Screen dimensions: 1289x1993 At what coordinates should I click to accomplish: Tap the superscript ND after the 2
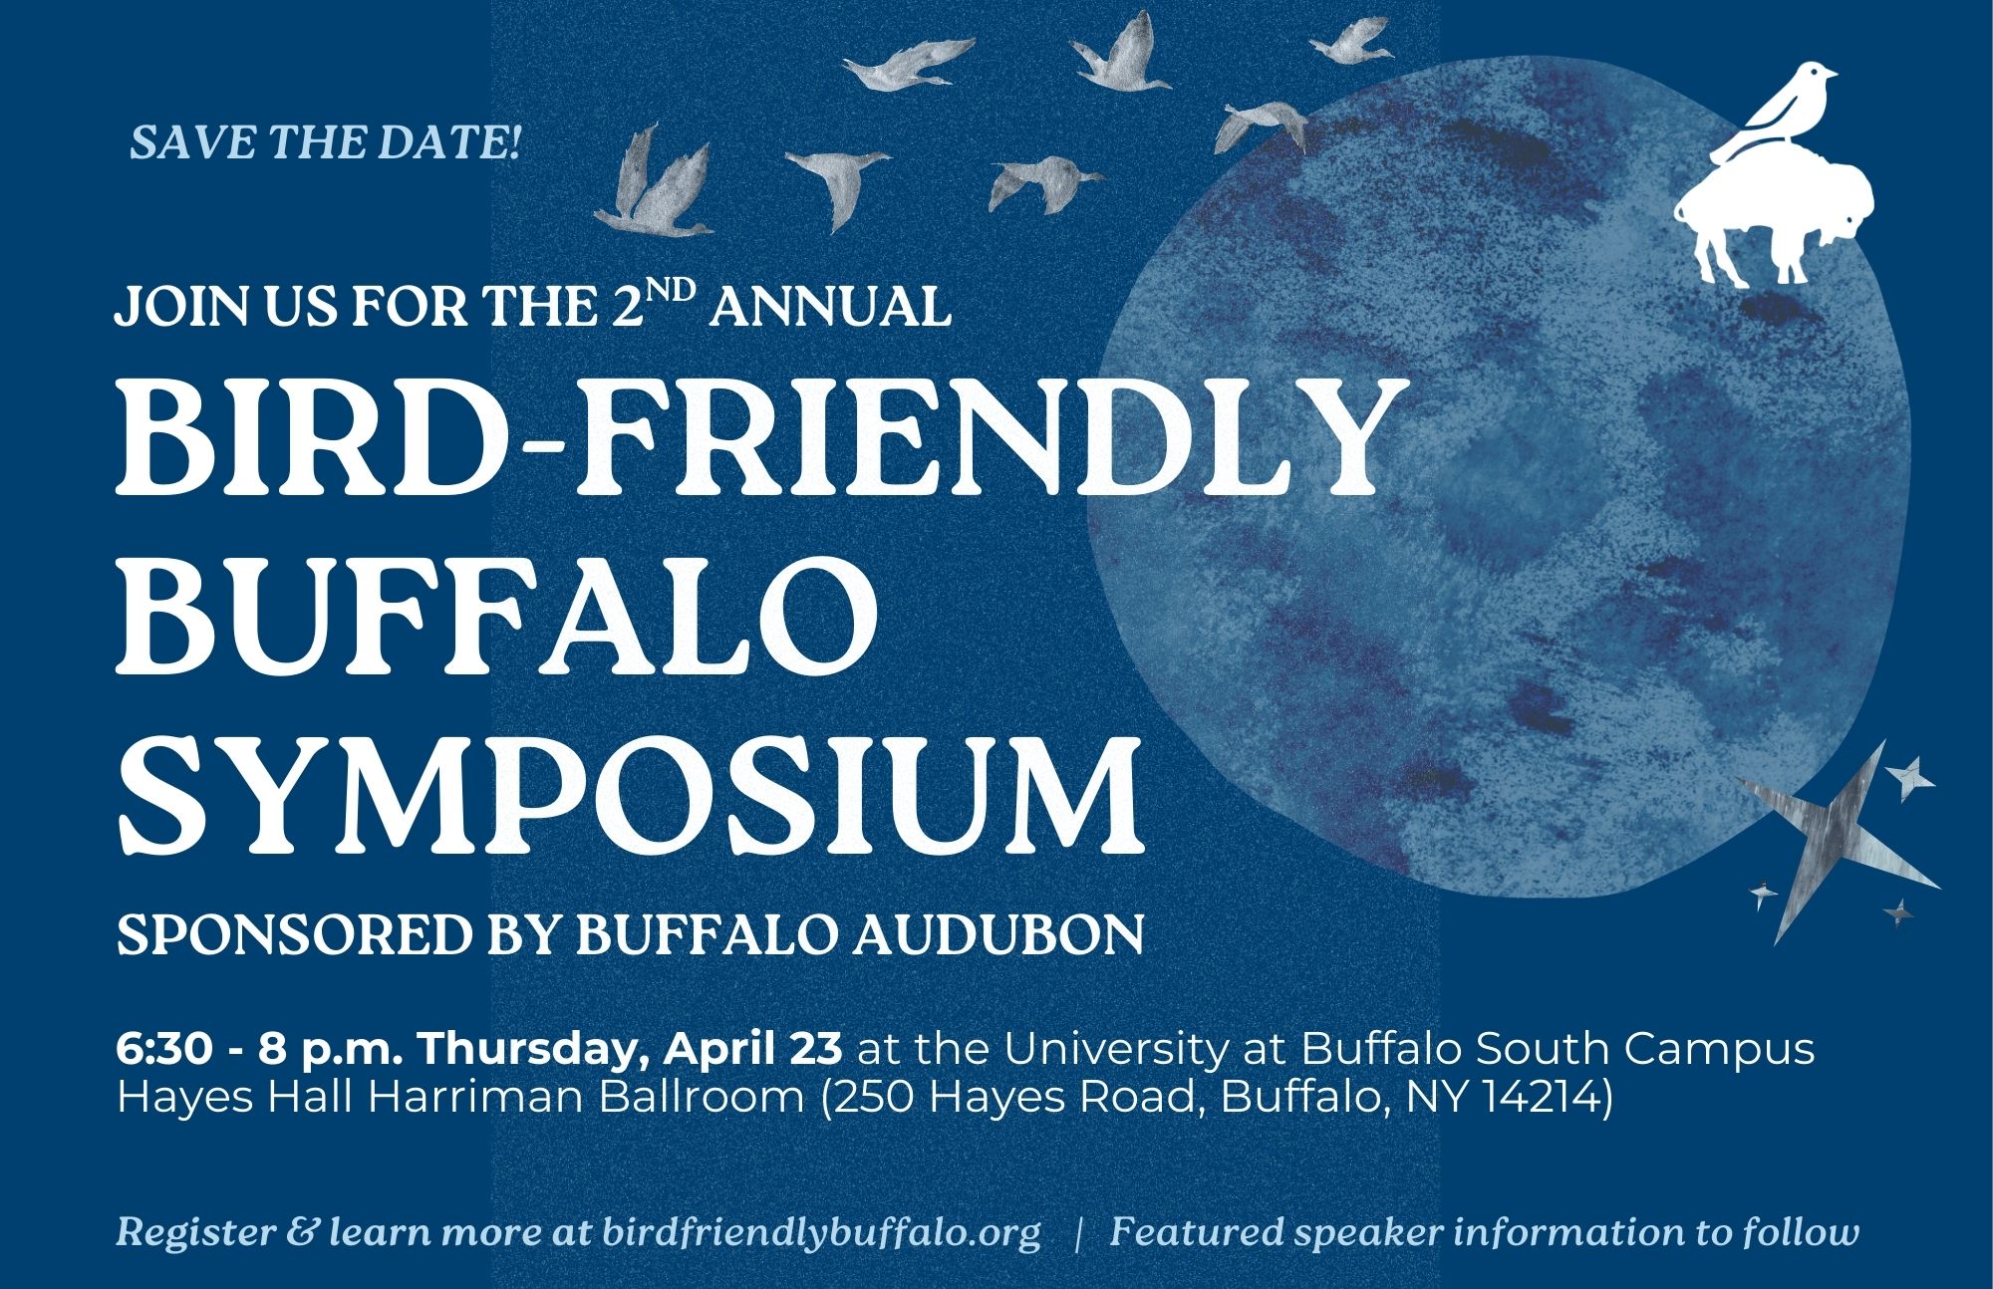click(x=682, y=289)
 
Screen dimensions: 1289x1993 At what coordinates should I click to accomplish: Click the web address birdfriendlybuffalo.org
click(x=821, y=1232)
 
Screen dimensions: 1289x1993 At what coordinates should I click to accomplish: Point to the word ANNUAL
click(x=832, y=308)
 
